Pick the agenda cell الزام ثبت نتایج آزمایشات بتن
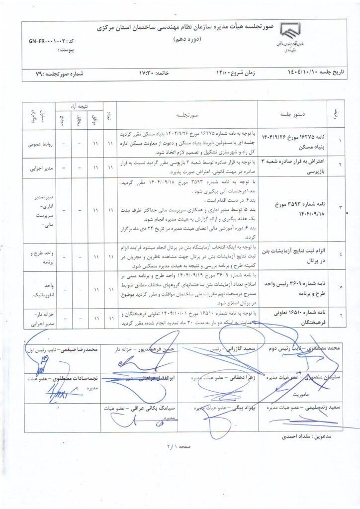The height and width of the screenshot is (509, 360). click(x=291, y=256)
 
